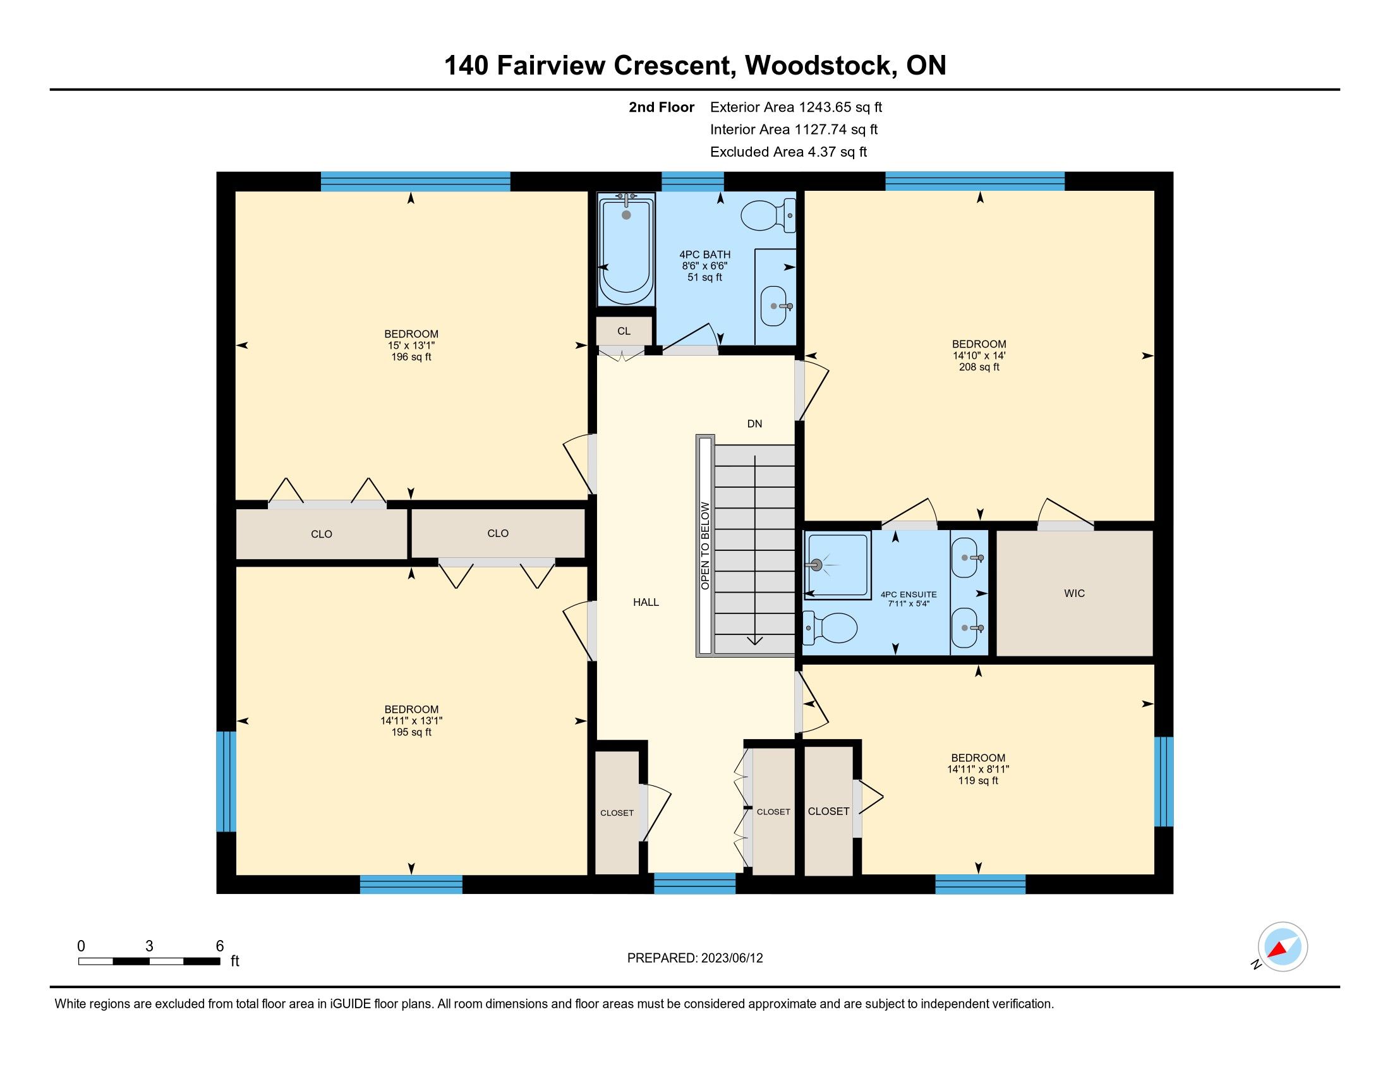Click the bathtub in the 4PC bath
[x=626, y=250]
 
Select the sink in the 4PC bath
[x=776, y=306]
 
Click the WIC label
[x=1074, y=593]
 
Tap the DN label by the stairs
[x=754, y=424]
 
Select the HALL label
[x=646, y=602]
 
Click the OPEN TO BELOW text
[x=705, y=546]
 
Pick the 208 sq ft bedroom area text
[x=979, y=367]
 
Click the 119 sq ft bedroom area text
[x=978, y=781]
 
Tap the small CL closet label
[x=624, y=331]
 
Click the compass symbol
[x=1283, y=947]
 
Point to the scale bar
[x=150, y=961]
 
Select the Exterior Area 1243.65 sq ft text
[x=796, y=107]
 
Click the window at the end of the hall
[x=695, y=884]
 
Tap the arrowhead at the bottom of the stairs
[x=755, y=641]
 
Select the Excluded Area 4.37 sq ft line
[x=789, y=152]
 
